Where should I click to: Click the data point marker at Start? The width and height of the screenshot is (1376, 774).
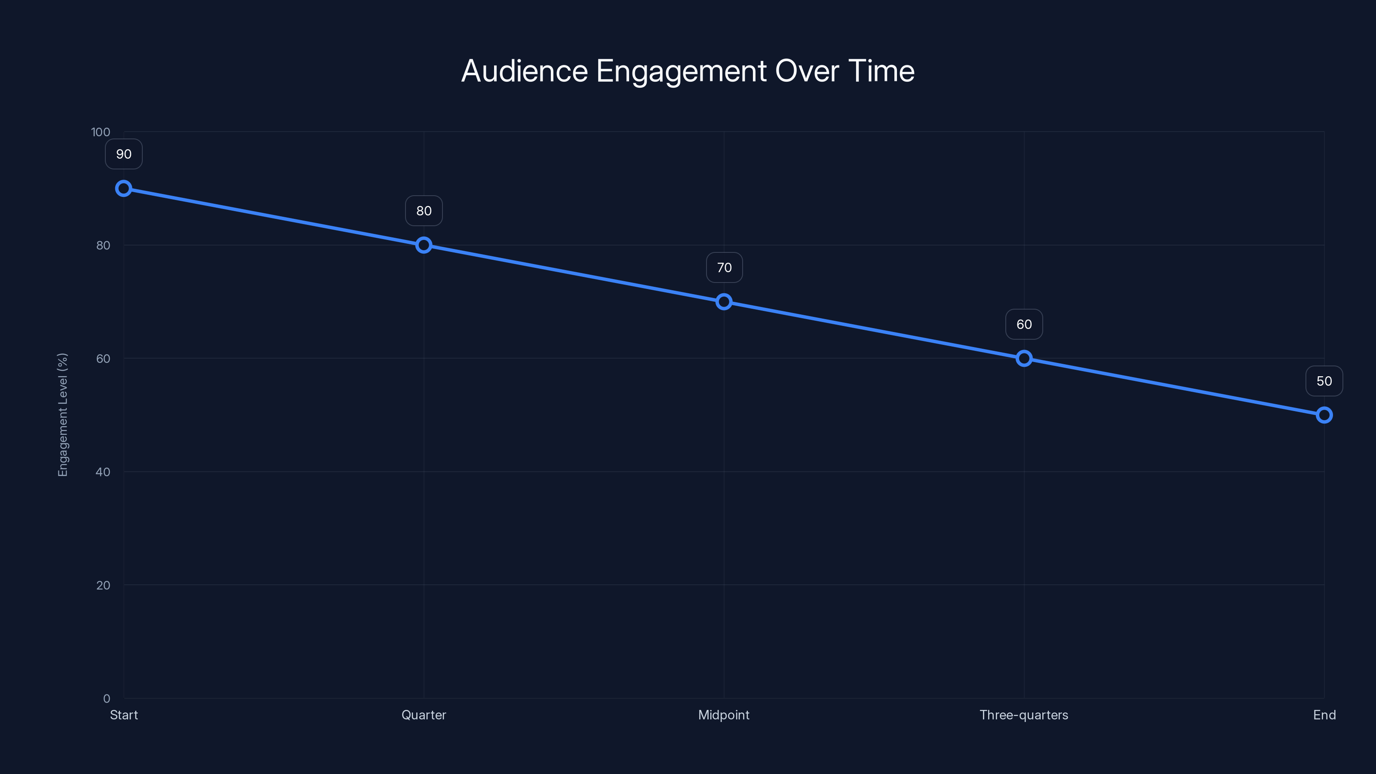[124, 189]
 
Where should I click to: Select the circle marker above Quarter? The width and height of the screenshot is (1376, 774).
[424, 245]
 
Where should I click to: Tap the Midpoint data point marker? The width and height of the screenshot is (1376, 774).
[724, 302]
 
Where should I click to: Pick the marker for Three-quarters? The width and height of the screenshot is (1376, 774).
[1024, 359]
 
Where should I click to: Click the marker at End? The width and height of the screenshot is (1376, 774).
[1324, 415]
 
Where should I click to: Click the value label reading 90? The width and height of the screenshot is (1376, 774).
[124, 154]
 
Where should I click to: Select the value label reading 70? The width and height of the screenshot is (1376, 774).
[724, 267]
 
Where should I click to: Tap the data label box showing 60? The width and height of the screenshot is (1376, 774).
[1024, 324]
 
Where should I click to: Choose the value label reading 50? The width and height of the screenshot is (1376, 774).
[1324, 381]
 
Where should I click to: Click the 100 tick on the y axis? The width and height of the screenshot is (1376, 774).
[101, 132]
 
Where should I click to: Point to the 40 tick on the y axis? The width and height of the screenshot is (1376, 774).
[103, 472]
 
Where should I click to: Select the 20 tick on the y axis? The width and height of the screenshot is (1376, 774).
[103, 585]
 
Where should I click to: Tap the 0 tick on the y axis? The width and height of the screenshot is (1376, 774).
[107, 699]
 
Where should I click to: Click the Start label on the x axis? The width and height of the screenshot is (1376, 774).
[124, 715]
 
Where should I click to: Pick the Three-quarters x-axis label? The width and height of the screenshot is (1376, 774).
[1024, 715]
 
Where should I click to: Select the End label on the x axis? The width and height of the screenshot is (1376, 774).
[1324, 715]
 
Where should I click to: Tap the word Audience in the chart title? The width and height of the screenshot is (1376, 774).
[525, 71]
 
